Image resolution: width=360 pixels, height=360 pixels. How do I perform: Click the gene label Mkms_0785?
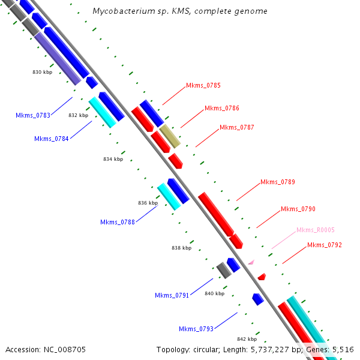point(203,85)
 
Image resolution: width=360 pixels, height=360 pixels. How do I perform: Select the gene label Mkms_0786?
point(221,109)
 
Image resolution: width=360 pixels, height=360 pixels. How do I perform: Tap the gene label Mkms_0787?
point(236,127)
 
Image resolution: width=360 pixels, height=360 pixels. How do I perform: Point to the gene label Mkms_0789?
point(277,182)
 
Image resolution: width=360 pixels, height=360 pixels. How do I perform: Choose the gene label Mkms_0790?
point(298,209)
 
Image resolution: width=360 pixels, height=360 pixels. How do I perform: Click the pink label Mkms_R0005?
point(315,230)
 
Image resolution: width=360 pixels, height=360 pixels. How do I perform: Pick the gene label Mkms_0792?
point(324,245)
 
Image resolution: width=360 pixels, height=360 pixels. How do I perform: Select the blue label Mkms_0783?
point(32,115)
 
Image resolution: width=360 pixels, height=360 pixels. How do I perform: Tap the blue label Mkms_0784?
point(51,139)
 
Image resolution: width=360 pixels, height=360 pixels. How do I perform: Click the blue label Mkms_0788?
point(117,223)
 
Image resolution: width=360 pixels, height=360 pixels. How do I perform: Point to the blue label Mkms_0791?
point(172,295)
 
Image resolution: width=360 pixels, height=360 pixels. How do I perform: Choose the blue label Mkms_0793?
point(196,329)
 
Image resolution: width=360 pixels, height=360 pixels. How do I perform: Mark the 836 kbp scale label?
point(148,203)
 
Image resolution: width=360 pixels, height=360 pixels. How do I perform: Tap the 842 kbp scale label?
point(247,339)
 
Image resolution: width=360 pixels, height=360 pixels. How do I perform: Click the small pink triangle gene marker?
point(251,262)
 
